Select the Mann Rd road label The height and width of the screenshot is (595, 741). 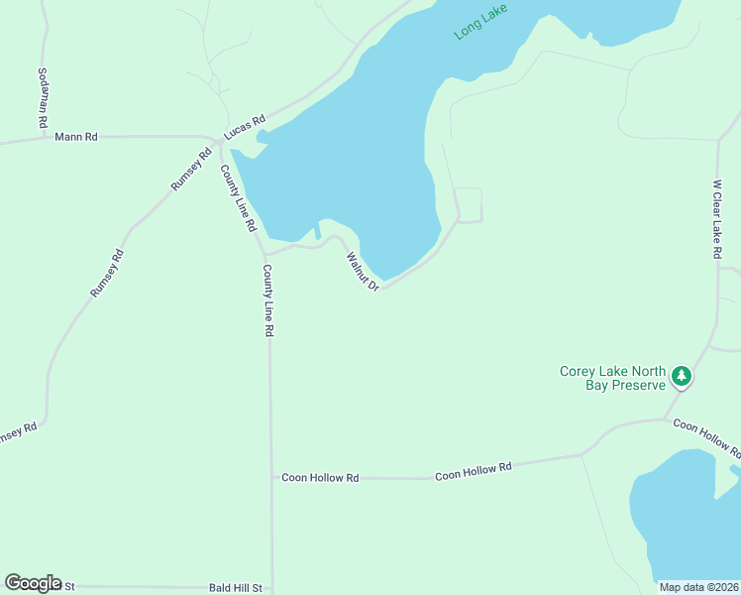coord(76,137)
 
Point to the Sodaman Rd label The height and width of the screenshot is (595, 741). coord(43,98)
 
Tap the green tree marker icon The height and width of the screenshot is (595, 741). coord(681,377)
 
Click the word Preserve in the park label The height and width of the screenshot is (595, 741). coord(635,385)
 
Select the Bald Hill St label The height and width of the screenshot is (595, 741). coord(235,588)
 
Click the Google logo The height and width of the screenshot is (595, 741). coord(33,583)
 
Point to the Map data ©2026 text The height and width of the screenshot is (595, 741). coord(699,587)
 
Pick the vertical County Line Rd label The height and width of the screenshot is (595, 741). coord(267,300)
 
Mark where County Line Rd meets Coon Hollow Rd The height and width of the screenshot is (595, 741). coord(271,477)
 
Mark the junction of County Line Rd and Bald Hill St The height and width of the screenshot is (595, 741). coord(271,588)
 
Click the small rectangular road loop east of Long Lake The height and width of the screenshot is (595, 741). coord(469,205)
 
